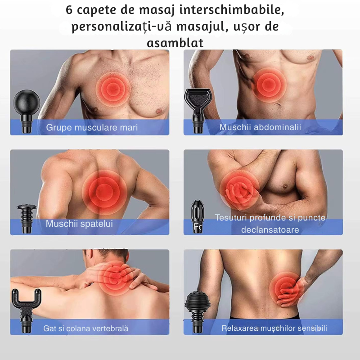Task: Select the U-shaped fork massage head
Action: [27, 308]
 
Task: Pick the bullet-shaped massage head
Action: [198, 216]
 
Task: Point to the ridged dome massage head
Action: [198, 310]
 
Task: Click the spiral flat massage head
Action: [27, 218]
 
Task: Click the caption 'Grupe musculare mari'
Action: [92, 128]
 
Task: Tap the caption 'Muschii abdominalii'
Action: [260, 127]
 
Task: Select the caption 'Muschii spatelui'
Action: [79, 224]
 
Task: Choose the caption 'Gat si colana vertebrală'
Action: [85, 328]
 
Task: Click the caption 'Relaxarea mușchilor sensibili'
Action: [274, 328]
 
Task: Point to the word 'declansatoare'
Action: [270, 229]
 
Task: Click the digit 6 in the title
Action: [69, 10]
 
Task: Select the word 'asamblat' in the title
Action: [175, 43]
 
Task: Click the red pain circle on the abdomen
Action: [269, 85]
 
